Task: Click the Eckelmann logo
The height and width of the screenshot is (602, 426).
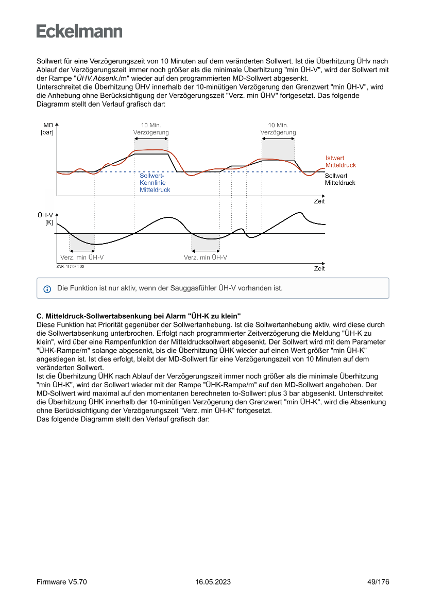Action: pos(79,31)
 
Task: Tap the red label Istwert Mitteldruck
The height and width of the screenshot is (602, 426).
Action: pos(340,162)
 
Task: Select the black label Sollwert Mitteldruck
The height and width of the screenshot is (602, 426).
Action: pos(340,179)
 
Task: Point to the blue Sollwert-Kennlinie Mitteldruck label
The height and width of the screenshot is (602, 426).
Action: pos(155,183)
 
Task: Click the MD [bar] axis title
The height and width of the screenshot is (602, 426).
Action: pos(47,129)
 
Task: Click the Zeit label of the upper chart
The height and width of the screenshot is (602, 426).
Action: pos(319,201)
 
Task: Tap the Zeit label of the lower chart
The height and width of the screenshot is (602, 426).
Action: pos(319,269)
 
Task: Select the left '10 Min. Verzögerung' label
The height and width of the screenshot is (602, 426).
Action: pos(150,129)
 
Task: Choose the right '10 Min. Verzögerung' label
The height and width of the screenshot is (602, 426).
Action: pos(278,129)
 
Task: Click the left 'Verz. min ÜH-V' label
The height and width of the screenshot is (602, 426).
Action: pos(82,257)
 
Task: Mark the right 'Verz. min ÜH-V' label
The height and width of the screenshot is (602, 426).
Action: pos(206,257)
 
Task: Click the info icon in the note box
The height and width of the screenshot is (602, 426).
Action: pos(47,289)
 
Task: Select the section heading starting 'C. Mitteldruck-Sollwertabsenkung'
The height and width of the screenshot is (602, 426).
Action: pos(139,315)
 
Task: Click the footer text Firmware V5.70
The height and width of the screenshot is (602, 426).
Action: pos(62,582)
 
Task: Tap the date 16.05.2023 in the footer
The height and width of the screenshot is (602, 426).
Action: pos(213,582)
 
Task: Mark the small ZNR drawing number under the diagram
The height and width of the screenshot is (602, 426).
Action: pos(71,266)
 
